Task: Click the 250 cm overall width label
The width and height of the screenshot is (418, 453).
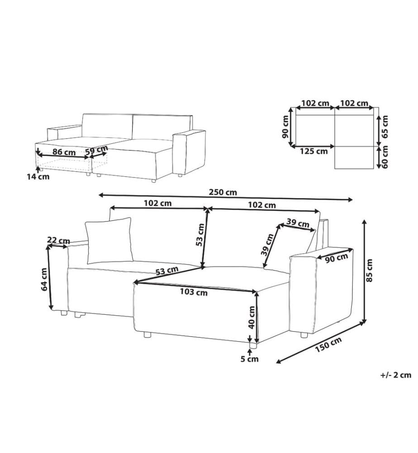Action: click(x=223, y=192)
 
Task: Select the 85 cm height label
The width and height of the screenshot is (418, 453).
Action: click(x=369, y=270)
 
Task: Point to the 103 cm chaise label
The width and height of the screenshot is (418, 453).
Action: click(x=194, y=292)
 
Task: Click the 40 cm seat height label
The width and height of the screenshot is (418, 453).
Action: click(x=252, y=317)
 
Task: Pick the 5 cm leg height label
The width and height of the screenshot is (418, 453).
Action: click(x=250, y=359)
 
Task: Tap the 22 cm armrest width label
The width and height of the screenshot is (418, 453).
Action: click(x=58, y=241)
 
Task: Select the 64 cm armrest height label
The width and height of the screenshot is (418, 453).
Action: click(x=44, y=279)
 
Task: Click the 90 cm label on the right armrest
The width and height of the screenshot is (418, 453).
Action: click(x=337, y=258)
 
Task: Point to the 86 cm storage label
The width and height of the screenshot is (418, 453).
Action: click(x=64, y=152)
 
